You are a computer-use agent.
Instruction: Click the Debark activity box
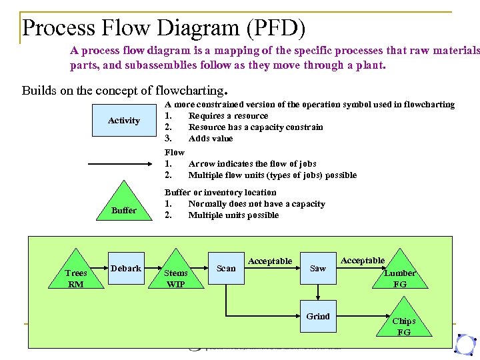tap(125, 268)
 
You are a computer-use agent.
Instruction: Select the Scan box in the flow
tap(226, 268)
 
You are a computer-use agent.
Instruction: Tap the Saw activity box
tap(318, 268)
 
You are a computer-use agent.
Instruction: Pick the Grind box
tap(318, 316)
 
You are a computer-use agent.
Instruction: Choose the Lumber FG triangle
tap(400, 273)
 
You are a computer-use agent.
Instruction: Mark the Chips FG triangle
tap(403, 323)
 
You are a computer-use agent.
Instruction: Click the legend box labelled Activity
tap(124, 121)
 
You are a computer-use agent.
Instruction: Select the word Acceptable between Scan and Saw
tap(270, 261)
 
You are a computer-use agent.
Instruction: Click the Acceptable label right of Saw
tap(363, 261)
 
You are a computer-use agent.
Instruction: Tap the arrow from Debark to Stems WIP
tap(152, 269)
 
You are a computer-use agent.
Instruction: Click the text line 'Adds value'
tap(211, 139)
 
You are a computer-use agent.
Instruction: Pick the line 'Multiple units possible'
tap(233, 215)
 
